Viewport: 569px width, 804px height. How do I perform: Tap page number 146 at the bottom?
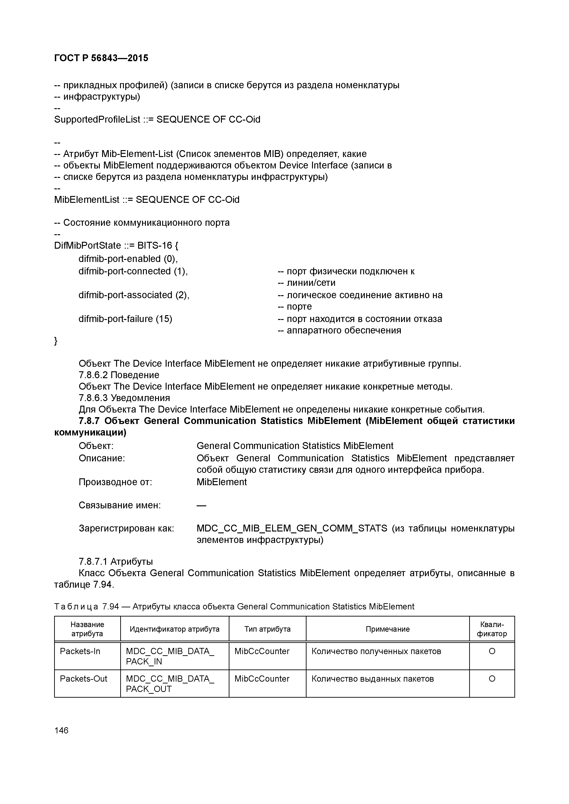point(61,730)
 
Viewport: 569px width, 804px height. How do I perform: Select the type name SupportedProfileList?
point(97,120)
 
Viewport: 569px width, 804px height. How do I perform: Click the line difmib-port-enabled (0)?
point(128,259)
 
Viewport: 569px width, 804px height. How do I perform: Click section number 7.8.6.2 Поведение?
point(119,375)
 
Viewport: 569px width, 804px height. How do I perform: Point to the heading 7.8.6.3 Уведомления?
point(124,398)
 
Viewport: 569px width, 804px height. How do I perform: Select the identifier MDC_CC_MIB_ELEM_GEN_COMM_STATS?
point(292,528)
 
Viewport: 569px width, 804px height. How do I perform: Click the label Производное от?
point(115,482)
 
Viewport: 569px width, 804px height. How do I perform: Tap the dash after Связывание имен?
point(201,506)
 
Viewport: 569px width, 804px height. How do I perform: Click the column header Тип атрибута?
point(267,629)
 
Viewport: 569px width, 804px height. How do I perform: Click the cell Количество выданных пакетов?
point(372,679)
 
